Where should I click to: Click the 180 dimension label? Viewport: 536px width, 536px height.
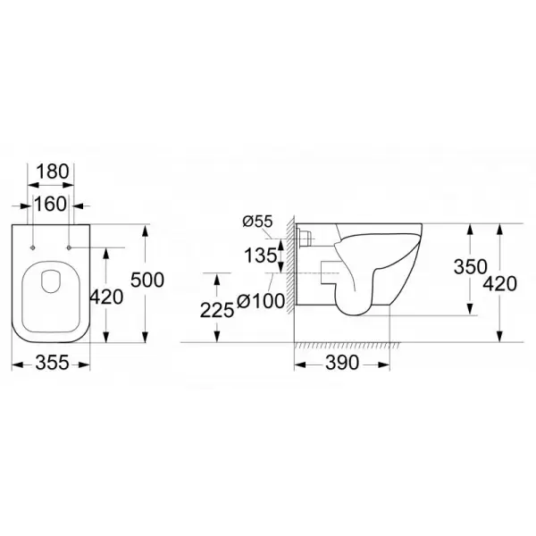(53, 172)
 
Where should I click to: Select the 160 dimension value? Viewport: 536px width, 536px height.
(50, 204)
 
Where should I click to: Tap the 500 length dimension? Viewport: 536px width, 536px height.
(147, 280)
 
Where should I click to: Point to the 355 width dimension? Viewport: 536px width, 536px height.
(53, 362)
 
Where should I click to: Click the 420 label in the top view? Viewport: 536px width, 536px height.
(106, 297)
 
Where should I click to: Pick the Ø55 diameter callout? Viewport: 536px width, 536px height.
(257, 222)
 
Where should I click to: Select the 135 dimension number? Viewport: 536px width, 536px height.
(261, 255)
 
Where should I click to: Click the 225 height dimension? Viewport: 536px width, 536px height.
(217, 311)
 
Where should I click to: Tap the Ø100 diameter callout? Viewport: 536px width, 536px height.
(261, 302)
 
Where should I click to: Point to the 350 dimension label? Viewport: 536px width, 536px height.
(471, 266)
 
